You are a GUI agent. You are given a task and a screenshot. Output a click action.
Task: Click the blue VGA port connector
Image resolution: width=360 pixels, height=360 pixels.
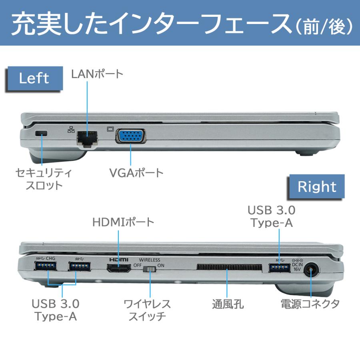click(x=130, y=136)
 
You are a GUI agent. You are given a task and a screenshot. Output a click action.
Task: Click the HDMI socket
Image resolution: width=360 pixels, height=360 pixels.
click(x=119, y=269)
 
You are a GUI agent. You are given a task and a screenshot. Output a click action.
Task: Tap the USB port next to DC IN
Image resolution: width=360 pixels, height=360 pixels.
click(x=279, y=267)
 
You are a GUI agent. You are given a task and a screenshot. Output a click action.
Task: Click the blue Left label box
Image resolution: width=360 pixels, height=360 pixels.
click(x=34, y=78)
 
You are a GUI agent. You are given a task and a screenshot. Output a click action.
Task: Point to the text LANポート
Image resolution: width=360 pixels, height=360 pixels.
click(x=97, y=74)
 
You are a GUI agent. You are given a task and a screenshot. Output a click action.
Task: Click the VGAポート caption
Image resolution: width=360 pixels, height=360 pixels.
click(x=136, y=173)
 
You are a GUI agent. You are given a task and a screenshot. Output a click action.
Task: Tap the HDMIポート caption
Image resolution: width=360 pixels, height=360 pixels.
click(x=123, y=222)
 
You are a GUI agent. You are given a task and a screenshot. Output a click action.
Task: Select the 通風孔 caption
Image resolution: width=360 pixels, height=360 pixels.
click(x=228, y=304)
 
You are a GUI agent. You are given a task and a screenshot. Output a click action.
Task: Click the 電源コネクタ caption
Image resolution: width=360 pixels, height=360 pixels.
click(x=310, y=304)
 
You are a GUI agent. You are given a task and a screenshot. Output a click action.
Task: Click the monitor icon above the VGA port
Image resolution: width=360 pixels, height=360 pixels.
click(x=111, y=129)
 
